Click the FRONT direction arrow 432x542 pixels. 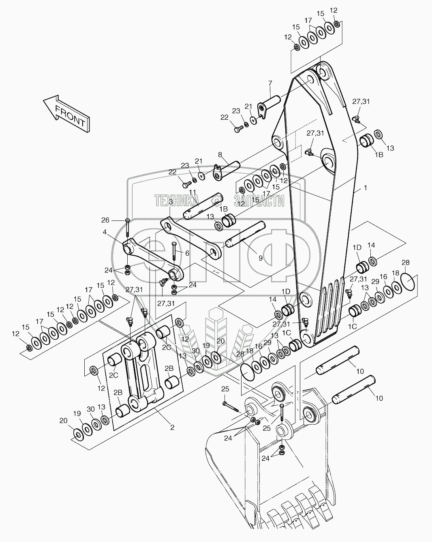pyautogui.click(x=66, y=113)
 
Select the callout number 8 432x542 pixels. pyautogui.click(x=220, y=154)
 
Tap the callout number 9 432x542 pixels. pyautogui.click(x=261, y=257)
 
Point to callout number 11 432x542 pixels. pyautogui.click(x=192, y=192)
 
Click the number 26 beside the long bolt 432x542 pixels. pyautogui.click(x=105, y=220)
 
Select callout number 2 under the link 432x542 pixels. pyautogui.click(x=172, y=428)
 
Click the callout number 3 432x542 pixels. pyautogui.click(x=171, y=201)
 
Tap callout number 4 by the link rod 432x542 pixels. pyautogui.click(x=105, y=233)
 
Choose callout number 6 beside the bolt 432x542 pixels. pyautogui.click(x=187, y=253)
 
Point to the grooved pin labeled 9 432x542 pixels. pyautogui.click(x=246, y=236)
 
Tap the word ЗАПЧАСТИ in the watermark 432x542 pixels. pyautogui.click(x=258, y=200)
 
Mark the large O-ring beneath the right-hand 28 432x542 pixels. pyautogui.click(x=407, y=281)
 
